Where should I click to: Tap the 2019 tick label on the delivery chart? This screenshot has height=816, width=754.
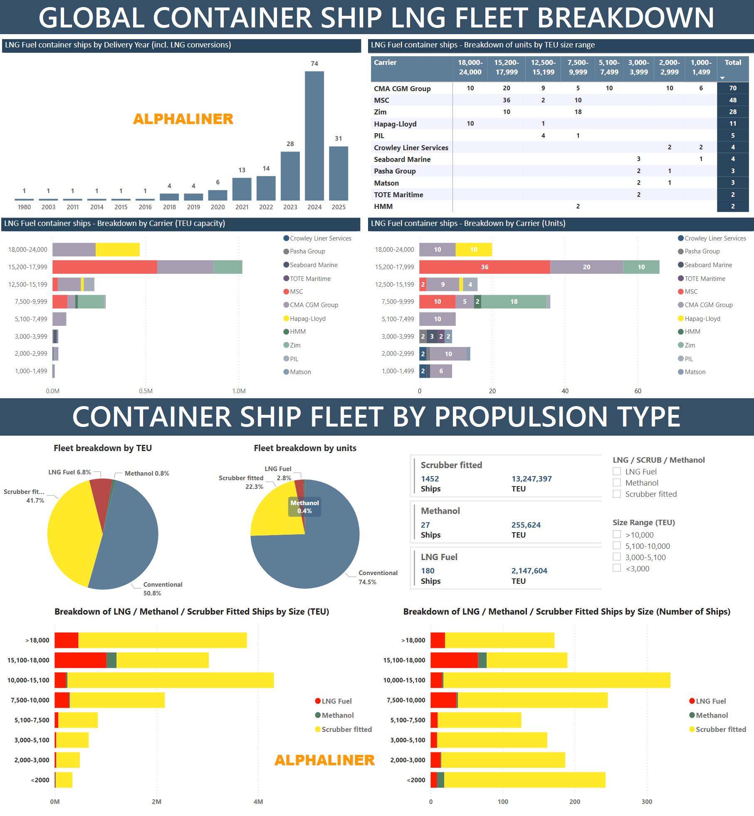(x=193, y=207)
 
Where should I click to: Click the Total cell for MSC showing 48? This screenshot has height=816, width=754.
(x=732, y=100)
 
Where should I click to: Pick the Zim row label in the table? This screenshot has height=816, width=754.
(x=380, y=112)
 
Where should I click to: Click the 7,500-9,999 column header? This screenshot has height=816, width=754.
(x=578, y=67)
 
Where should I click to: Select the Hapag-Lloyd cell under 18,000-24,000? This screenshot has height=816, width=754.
(x=470, y=124)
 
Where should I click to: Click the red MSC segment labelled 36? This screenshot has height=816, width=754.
(x=484, y=267)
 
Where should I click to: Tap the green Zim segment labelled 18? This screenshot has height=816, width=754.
(x=514, y=302)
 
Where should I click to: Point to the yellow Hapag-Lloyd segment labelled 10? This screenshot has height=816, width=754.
(x=474, y=250)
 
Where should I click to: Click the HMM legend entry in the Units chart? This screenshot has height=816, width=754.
(x=692, y=332)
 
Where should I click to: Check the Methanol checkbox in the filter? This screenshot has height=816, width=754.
(x=617, y=483)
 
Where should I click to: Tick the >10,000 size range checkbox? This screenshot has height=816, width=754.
(x=617, y=534)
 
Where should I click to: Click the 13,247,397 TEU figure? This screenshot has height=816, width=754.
(x=531, y=479)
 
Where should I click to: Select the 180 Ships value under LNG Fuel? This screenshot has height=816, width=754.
(x=428, y=571)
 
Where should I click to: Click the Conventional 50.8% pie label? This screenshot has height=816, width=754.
(x=163, y=589)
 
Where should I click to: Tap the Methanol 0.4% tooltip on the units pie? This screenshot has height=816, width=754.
(x=304, y=507)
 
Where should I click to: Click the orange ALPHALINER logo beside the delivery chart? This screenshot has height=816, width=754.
(x=183, y=119)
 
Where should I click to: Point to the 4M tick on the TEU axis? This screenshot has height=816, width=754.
(x=258, y=802)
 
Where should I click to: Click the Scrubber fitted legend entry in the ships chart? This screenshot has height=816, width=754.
(x=720, y=729)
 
